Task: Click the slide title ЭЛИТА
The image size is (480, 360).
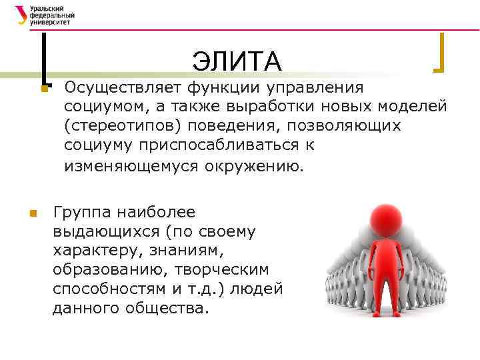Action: coord(237,62)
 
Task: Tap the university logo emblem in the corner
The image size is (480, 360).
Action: coord(21,14)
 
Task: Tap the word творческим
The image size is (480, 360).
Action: coord(223,271)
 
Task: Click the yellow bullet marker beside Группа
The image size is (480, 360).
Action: coord(31,213)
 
